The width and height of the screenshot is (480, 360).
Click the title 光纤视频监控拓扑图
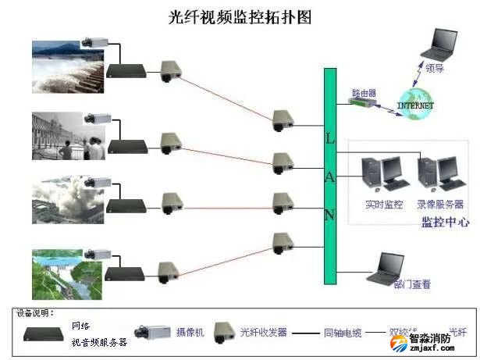pyautogui.click(x=240, y=16)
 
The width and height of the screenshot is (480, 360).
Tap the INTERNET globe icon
pyautogui.click(x=414, y=105)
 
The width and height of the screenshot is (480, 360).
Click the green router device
pyautogui.click(x=362, y=102)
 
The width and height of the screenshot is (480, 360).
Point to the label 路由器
pyautogui.click(x=363, y=91)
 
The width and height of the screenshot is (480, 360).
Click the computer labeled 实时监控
pyautogui.click(x=382, y=176)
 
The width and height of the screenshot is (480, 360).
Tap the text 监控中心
pyautogui.click(x=445, y=222)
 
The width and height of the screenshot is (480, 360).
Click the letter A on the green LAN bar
pyautogui.click(x=329, y=176)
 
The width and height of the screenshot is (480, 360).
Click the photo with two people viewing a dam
pyautogui.click(x=67, y=136)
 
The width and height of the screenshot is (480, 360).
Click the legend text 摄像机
pyautogui.click(x=190, y=333)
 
